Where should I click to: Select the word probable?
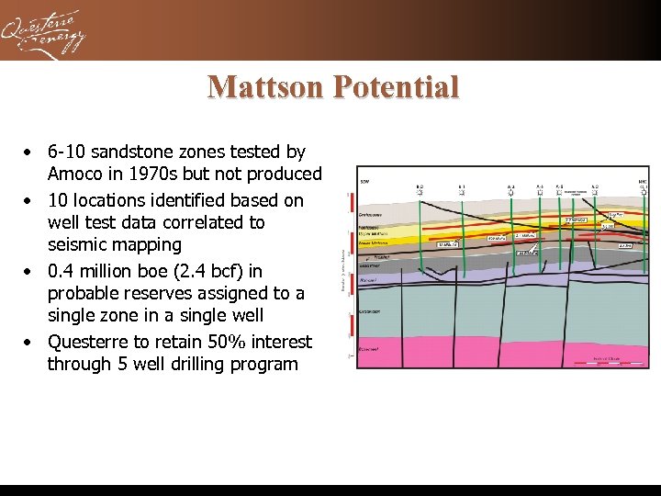click(84, 293)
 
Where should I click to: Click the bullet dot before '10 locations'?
click(30, 200)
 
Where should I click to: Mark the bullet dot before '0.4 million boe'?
click(30, 271)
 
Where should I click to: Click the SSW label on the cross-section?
click(364, 181)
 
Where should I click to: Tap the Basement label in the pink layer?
click(370, 350)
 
